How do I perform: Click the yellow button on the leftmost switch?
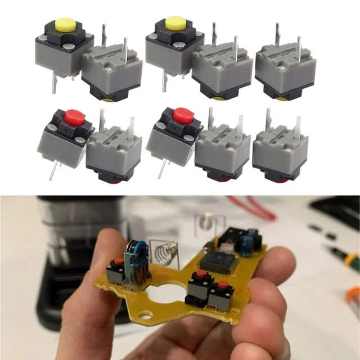[65, 25]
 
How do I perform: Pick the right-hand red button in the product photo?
[183, 116]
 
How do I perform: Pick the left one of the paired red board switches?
[200, 286]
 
